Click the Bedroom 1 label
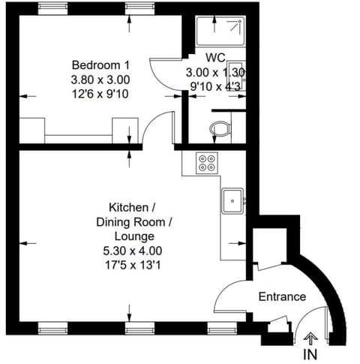pyautogui.click(x=101, y=65)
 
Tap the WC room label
pyautogui.click(x=216, y=57)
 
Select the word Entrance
pyautogui.click(x=282, y=296)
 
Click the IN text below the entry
pyautogui.click(x=310, y=353)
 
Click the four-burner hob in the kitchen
pyautogui.click(x=206, y=162)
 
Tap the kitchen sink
pyautogui.click(x=231, y=200)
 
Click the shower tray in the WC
pyautogui.click(x=217, y=31)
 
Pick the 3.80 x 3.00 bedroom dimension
pyautogui.click(x=101, y=79)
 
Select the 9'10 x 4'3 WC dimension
pyautogui.click(x=216, y=86)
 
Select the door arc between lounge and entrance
pyautogui.click(x=228, y=297)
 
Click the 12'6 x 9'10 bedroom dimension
pyautogui.click(x=101, y=93)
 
